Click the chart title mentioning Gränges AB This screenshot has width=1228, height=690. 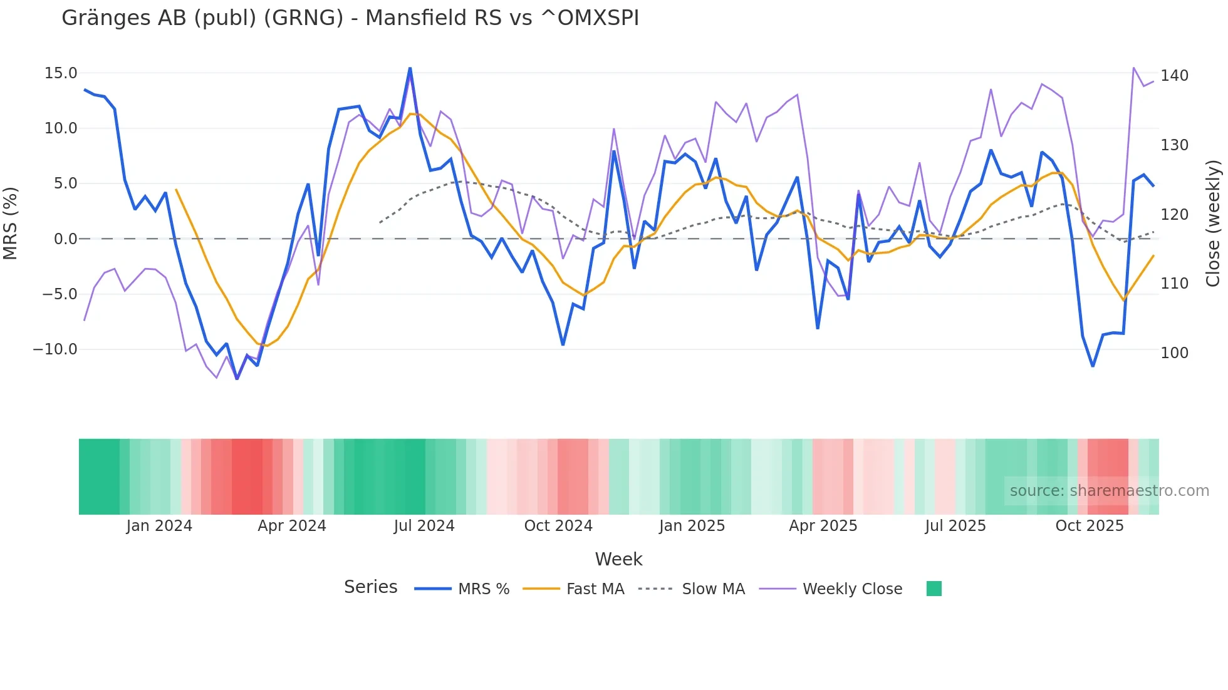tap(350, 18)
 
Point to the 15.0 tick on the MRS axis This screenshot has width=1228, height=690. tap(61, 73)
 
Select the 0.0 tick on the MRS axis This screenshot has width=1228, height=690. tap(65, 239)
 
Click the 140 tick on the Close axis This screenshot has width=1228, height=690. tap(1174, 76)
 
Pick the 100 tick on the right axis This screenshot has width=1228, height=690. tap(1174, 353)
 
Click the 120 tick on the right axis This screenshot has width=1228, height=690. tap(1174, 215)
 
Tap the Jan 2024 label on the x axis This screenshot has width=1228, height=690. tap(159, 526)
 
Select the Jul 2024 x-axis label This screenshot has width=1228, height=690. tap(424, 526)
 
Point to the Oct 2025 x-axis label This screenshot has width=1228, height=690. tap(1090, 526)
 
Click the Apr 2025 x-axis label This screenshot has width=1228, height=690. tap(823, 526)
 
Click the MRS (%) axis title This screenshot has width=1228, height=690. tap(11, 223)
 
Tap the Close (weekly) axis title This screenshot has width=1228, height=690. tap(1214, 223)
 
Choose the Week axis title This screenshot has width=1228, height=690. tap(618, 559)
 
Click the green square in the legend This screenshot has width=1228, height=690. tap(934, 589)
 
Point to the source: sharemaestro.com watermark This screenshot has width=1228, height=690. tap(1109, 491)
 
